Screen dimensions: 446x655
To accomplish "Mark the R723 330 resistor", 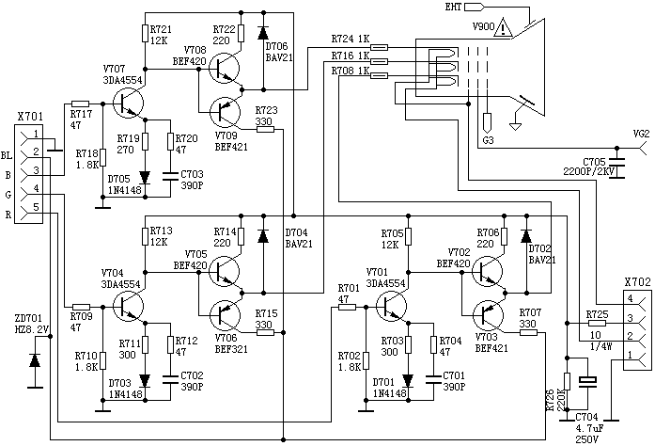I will pyautogui.click(x=265, y=129).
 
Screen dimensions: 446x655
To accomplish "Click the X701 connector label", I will pyautogui.click(x=30, y=119).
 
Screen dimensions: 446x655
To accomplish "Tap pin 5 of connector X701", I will pyautogui.click(x=35, y=206).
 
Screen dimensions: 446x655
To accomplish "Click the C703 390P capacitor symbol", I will pyautogui.click(x=170, y=174).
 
